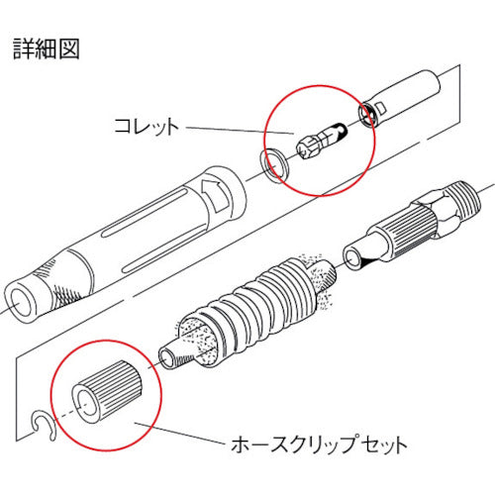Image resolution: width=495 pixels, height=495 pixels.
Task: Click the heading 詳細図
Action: (46, 47)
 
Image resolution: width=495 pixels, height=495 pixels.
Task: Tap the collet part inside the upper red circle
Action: (322, 142)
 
